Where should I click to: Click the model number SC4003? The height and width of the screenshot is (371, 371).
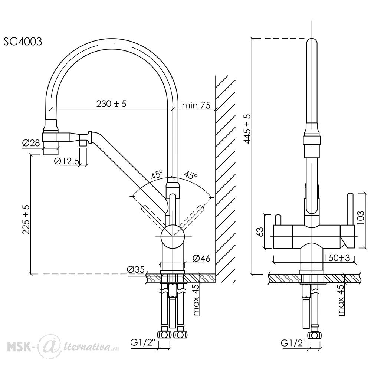pos(23,42)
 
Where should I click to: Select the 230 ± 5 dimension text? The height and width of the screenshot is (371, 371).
pos(111,104)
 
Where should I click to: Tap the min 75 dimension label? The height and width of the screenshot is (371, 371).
pos(196,105)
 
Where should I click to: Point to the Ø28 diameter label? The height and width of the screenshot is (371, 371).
pos(31,143)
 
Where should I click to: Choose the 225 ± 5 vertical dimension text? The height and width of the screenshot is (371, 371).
pos(26,220)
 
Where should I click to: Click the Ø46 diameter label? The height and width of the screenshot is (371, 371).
pos(201,258)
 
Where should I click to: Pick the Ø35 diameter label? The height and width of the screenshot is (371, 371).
pos(135,269)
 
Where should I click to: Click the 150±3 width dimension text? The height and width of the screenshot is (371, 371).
pos(337,258)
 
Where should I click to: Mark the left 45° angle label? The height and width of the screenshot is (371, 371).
pos(157,174)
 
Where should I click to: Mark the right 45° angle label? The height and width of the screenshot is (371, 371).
pos(191,175)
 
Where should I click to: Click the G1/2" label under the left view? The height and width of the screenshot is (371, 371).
pos(143,343)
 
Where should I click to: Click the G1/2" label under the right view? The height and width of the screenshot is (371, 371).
pos(293,343)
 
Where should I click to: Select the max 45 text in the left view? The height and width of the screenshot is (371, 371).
pos(196,300)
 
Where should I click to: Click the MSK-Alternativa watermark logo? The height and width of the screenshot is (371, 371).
pos(63,347)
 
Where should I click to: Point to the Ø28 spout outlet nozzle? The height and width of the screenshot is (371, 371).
pos(50,148)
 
